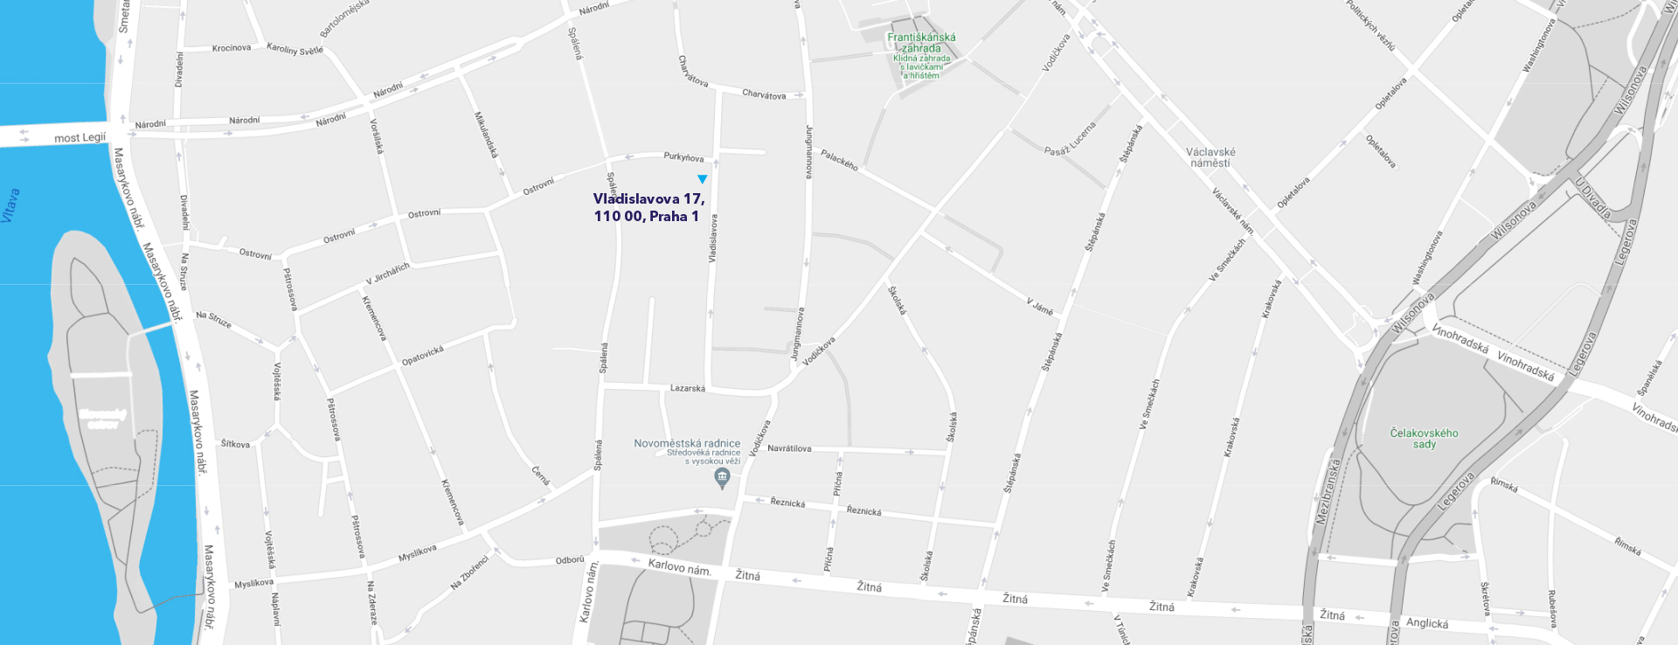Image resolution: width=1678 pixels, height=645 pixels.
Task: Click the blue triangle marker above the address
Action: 702,179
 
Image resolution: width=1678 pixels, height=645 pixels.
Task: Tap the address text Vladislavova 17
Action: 648,199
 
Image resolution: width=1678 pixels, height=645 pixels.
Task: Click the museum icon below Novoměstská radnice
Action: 722,477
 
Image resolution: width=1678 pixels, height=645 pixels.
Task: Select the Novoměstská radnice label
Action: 687,443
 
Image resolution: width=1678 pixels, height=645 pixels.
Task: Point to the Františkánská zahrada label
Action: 921,43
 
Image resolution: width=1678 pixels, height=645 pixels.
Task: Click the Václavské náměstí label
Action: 1210,157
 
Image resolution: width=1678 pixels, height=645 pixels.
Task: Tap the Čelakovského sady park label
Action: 1424,438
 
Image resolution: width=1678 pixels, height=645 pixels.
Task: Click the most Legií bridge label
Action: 80,138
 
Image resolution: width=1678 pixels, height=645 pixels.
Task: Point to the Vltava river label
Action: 10,206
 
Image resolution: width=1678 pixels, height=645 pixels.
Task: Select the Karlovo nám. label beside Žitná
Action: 679,567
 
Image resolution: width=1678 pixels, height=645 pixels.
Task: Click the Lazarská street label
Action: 687,388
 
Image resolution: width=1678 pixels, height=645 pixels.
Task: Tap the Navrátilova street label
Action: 789,448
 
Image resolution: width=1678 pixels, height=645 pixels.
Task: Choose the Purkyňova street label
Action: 683,157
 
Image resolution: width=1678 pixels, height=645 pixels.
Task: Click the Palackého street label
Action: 839,160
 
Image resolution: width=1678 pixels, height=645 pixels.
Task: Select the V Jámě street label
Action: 1040,306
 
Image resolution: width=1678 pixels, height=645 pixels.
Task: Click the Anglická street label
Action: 1426,623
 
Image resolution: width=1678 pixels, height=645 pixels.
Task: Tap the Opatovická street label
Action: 422,356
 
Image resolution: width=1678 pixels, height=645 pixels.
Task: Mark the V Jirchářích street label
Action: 387,274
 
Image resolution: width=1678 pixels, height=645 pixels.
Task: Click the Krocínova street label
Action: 232,48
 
